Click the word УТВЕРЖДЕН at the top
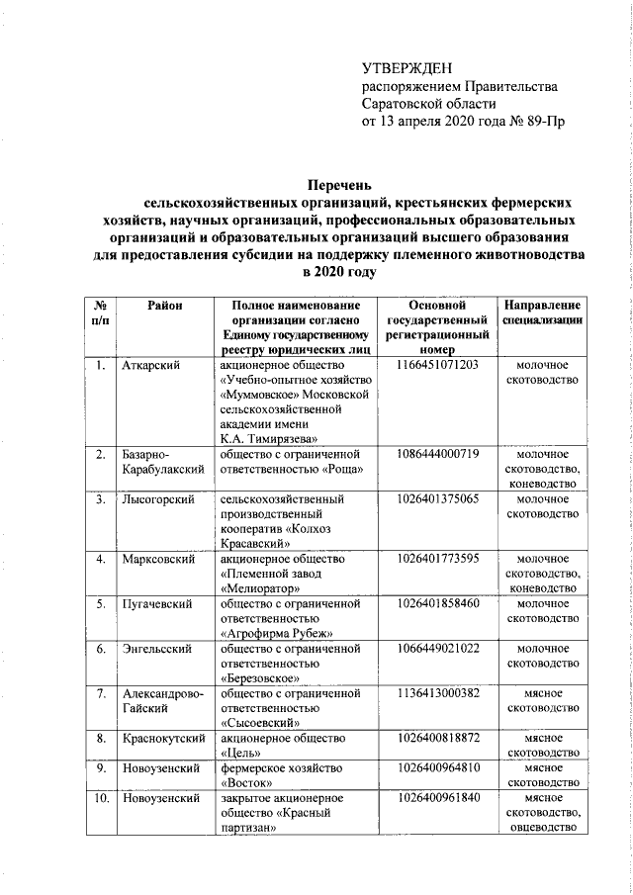tap(407, 68)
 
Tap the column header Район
tap(165, 308)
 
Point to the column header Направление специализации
tap(541, 314)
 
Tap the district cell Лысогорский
tap(156, 499)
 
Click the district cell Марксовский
tap(156, 560)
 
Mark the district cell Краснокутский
tap(163, 738)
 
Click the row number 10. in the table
tap(101, 797)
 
